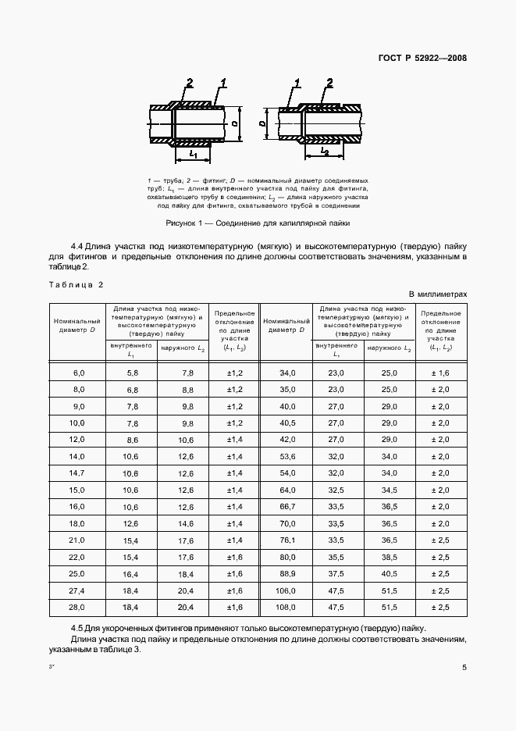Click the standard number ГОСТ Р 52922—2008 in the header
pyautogui.click(x=423, y=57)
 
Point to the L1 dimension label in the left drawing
pyautogui.click(x=191, y=155)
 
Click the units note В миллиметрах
pyautogui.click(x=437, y=294)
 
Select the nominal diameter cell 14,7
pyautogui.click(x=76, y=473)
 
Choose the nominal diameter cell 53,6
pyautogui.click(x=288, y=457)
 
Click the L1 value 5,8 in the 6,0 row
pyautogui.click(x=132, y=374)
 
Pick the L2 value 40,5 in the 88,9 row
pyautogui.click(x=389, y=573)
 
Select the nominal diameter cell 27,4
pyautogui.click(x=76, y=590)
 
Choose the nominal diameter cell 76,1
pyautogui.click(x=288, y=540)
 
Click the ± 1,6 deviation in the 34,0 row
pyautogui.click(x=440, y=374)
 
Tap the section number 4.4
pyautogui.click(x=78, y=244)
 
